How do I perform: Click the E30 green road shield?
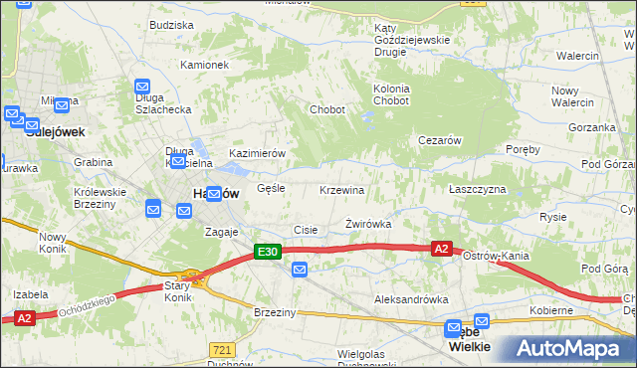(x=266, y=253)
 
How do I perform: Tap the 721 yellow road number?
(x=222, y=350)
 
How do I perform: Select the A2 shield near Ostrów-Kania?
(x=443, y=250)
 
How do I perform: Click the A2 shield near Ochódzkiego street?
(x=25, y=318)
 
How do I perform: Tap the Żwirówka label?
(x=368, y=224)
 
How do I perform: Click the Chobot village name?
(x=327, y=109)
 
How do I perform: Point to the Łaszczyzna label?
(x=477, y=189)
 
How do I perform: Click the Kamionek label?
(x=205, y=65)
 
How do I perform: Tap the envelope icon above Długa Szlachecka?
(x=142, y=88)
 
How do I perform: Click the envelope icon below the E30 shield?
(x=301, y=269)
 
